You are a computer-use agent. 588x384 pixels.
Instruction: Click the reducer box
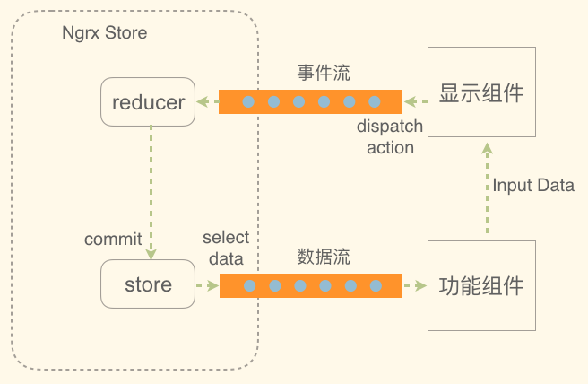pos(149,102)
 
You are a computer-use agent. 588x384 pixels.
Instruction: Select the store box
pos(149,285)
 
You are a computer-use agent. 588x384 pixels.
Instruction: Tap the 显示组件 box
pos(481,92)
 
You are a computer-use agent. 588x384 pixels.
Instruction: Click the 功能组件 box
pos(481,286)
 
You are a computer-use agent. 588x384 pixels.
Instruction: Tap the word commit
pos(113,240)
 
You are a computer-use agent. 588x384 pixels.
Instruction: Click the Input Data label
pos(533,186)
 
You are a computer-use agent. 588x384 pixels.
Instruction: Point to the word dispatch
pos(390,127)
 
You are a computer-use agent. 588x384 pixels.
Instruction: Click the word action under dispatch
pos(390,147)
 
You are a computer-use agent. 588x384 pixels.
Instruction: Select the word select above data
pos(225,238)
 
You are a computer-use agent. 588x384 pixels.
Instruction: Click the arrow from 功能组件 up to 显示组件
pos(486,188)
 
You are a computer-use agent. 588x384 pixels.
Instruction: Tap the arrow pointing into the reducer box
pos(207,101)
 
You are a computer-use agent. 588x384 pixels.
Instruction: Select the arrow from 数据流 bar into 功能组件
pos(414,286)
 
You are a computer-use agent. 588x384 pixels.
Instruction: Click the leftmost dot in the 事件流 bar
pos(249,101)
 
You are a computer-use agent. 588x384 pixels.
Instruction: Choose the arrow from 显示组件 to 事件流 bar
pos(414,101)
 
